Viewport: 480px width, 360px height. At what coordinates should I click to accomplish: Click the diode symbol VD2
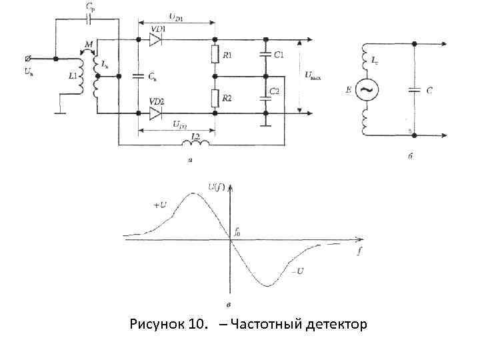point(155,113)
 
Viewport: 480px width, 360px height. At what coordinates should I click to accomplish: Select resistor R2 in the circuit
point(215,98)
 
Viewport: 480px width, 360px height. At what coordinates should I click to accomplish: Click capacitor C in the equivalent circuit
point(414,89)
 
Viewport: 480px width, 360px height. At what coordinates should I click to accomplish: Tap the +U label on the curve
point(161,205)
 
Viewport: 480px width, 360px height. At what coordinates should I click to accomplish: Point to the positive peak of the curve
point(193,193)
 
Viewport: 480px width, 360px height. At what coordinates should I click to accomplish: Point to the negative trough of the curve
point(267,285)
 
